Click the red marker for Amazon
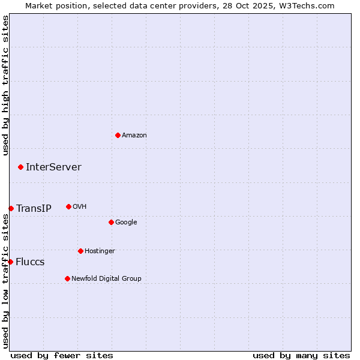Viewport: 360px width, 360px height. tap(118, 135)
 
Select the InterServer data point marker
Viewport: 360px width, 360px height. tap(20, 167)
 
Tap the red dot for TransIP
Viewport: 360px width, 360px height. tap(11, 208)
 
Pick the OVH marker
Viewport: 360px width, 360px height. tap(68, 206)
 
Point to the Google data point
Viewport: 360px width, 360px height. tap(111, 222)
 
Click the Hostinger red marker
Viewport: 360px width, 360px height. tap(80, 251)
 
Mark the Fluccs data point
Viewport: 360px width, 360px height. tap(10, 262)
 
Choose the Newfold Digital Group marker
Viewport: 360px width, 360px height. tap(67, 278)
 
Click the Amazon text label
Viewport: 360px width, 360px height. tap(134, 136)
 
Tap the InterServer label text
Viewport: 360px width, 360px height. tap(53, 167)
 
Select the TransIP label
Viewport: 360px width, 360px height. tap(34, 209)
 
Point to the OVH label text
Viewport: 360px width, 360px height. tap(80, 207)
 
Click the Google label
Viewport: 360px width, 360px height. tap(126, 223)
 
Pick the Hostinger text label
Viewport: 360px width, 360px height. tap(100, 251)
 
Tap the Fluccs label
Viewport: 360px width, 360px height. tap(30, 262)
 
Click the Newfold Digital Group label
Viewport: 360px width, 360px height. tap(106, 278)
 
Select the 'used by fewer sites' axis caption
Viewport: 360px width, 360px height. tap(62, 355)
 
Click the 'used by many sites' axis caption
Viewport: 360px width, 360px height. tap(301, 355)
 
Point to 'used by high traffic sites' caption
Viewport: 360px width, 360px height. tap(5, 86)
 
